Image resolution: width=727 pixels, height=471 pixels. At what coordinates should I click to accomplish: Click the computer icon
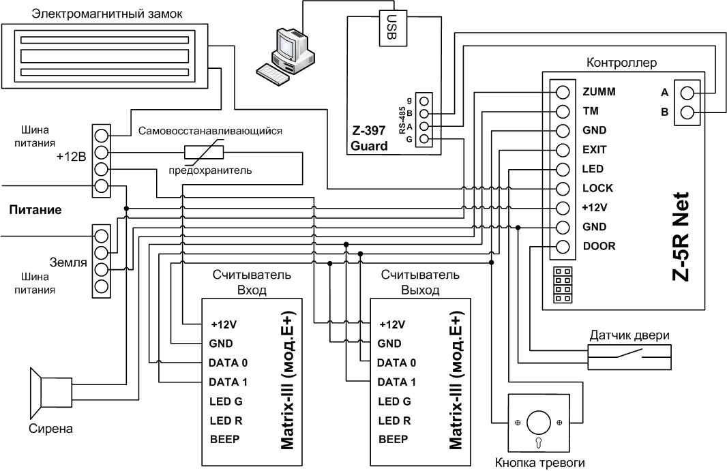(286, 56)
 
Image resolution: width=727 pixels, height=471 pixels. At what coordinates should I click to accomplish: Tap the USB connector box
(394, 27)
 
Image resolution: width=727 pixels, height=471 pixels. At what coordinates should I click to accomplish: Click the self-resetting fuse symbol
(203, 152)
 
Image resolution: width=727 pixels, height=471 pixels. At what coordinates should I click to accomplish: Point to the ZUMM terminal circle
(563, 92)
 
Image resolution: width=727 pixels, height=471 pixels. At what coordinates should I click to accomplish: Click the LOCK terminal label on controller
(597, 188)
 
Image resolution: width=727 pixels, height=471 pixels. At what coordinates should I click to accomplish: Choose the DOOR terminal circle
(563, 247)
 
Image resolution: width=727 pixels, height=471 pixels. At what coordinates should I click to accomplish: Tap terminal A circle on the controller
(687, 93)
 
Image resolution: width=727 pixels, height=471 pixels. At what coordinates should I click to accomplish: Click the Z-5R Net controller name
(681, 237)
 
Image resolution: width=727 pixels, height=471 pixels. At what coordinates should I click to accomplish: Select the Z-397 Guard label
(369, 138)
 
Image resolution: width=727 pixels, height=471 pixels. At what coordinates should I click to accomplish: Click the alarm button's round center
(539, 423)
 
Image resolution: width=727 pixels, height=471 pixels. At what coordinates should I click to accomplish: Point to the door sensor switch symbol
(630, 356)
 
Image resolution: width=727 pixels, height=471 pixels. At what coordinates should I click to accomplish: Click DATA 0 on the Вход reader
(228, 363)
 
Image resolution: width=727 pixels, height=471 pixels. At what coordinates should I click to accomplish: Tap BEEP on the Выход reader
(394, 439)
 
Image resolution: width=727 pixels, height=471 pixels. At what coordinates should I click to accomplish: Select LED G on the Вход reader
(226, 401)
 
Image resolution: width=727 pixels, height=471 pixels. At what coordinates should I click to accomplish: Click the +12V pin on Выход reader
(392, 324)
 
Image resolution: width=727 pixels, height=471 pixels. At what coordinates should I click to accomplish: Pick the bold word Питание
(35, 210)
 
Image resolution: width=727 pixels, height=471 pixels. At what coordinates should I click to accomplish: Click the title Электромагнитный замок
(106, 14)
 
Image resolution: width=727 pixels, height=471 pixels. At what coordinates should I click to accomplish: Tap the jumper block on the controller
(563, 285)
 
